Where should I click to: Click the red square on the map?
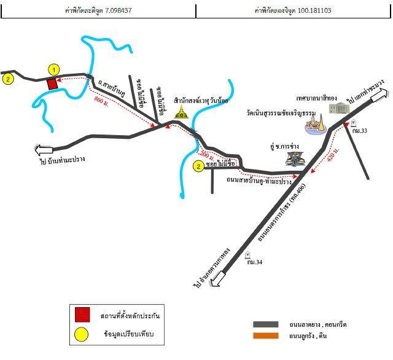[53, 84]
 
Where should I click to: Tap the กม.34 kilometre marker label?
[254, 263]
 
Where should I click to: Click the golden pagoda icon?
[181, 111]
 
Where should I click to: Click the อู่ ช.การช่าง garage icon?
[294, 158]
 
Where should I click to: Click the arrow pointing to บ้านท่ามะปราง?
[44, 149]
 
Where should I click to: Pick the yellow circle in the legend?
[82, 334]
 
